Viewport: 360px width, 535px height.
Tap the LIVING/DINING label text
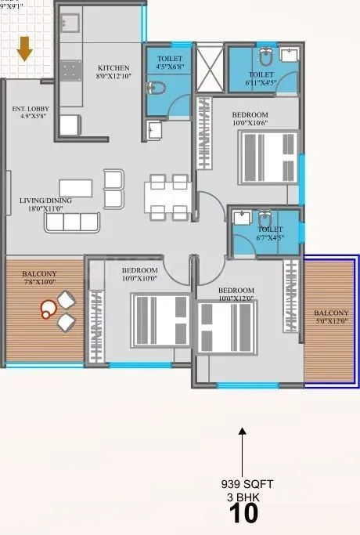pos(45,201)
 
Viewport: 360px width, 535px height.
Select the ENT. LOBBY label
pos(28,109)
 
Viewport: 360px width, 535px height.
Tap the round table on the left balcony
pos(49,308)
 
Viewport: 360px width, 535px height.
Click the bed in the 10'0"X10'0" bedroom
pos(160,319)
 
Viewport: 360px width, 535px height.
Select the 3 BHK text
pos(243,497)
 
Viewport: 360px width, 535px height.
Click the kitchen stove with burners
pos(71,72)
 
